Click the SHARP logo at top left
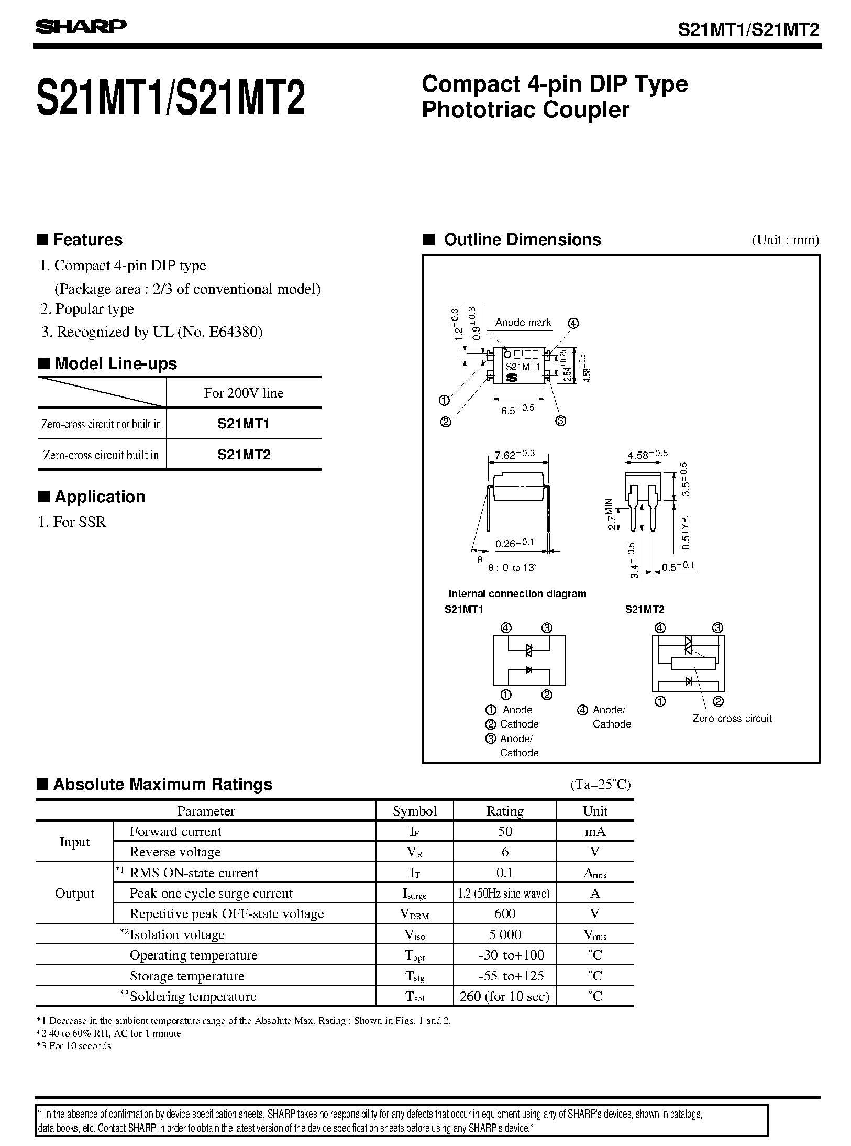coord(81,27)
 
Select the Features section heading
coord(87,240)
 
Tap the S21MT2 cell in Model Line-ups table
coord(244,455)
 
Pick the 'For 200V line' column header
coord(244,393)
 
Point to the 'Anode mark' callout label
coord(523,323)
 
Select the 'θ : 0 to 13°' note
coord(513,568)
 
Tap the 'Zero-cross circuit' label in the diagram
coord(732,719)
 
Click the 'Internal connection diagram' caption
coord(517,593)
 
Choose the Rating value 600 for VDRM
coord(505,913)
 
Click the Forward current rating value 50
coord(505,831)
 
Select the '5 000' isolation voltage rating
coord(505,934)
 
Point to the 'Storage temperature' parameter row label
coord(187,976)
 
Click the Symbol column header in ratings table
coord(414,811)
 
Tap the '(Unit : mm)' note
coord(786,240)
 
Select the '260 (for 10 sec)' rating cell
coord(505,996)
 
